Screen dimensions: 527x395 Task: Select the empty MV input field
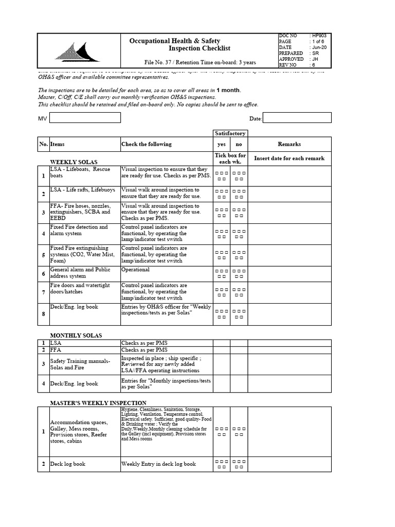pyautogui.click(x=84, y=118)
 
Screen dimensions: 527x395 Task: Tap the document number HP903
pyautogui.click(x=319, y=36)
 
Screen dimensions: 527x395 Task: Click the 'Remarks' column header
pyautogui.click(x=289, y=144)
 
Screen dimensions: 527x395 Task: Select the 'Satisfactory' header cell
pyautogui.click(x=229, y=133)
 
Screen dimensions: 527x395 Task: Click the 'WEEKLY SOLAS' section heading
pyautogui.click(x=74, y=162)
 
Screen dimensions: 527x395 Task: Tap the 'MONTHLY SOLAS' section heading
pyautogui.click(x=76, y=335)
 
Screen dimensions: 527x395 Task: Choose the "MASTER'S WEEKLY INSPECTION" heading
pyautogui.click(x=98, y=402)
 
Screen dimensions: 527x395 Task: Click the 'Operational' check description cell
pyautogui.click(x=136, y=270)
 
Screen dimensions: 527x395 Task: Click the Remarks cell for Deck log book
pyautogui.click(x=289, y=464)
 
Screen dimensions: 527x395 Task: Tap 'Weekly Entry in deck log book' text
pyautogui.click(x=158, y=464)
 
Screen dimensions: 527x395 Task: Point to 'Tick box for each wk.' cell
pyautogui.click(x=229, y=159)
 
